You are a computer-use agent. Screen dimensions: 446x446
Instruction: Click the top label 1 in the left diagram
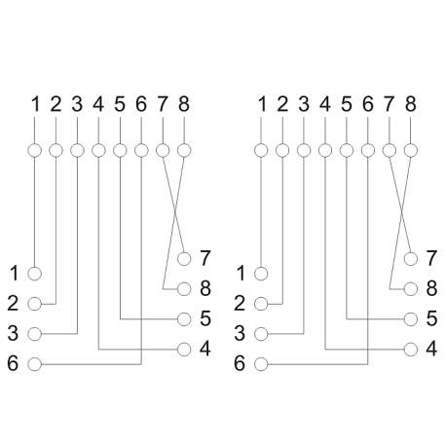35,104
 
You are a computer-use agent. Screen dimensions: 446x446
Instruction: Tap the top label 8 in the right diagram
411,104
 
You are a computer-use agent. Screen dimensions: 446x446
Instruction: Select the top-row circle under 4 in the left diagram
98,150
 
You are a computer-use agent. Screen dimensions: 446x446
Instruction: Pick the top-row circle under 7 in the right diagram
390,150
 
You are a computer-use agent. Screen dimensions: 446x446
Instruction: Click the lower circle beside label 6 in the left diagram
35,364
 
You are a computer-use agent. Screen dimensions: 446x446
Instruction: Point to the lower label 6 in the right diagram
240,363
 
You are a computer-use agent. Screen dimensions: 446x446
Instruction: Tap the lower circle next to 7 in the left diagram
184,259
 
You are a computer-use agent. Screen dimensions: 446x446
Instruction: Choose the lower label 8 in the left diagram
205,288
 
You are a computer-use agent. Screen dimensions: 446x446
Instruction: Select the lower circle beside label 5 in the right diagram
411,319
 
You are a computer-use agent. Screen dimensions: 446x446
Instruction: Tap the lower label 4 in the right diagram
431,349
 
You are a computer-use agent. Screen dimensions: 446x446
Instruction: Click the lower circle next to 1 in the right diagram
261,274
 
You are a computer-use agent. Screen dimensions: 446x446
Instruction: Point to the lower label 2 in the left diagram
13,304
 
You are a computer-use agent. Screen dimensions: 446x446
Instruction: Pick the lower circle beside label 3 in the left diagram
35,334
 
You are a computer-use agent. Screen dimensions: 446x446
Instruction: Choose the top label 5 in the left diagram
120,104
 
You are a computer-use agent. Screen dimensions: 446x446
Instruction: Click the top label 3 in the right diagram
304,104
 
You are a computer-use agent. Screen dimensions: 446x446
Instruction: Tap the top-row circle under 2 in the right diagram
282,150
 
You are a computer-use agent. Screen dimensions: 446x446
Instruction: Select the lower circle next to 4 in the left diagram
184,350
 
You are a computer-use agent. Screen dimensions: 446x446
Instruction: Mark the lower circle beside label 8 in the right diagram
411,288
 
